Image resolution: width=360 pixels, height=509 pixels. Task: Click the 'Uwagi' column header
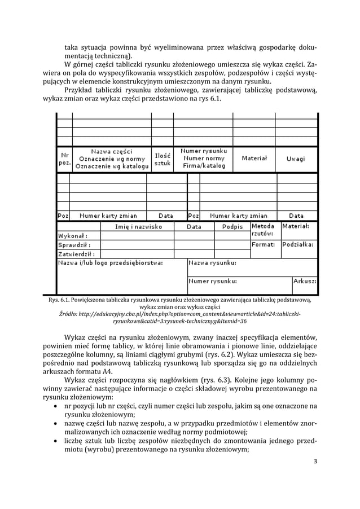point(295,159)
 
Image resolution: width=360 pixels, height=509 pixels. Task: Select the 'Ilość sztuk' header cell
point(163,159)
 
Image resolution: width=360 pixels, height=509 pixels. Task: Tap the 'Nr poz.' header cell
point(64,159)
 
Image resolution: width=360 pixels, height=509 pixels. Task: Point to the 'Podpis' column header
point(232,226)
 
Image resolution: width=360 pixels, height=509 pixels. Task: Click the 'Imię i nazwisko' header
point(138,226)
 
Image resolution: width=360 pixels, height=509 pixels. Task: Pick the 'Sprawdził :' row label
point(74,245)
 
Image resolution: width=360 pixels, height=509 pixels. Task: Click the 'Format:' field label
point(263,245)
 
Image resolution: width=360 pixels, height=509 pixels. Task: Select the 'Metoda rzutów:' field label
point(263,230)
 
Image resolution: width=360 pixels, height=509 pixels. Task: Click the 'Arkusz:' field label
point(305,281)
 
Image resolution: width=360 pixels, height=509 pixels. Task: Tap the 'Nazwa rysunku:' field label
point(213,263)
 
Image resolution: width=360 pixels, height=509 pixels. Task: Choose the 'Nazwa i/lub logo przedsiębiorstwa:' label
point(111,263)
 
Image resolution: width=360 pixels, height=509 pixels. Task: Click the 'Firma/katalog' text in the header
point(204,166)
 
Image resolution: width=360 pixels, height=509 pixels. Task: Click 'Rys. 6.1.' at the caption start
point(59,300)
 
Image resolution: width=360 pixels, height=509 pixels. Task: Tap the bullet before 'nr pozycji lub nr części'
point(55,406)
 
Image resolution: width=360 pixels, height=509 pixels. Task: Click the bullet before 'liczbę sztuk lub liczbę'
point(55,441)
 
